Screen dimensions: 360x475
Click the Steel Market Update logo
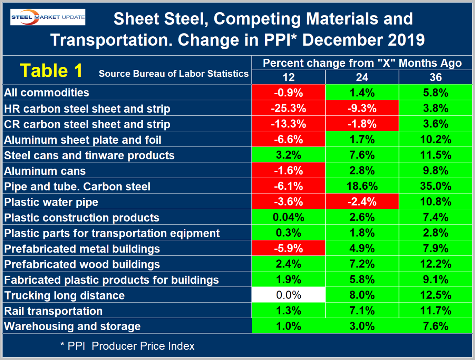pos(48,17)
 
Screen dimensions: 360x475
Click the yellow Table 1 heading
pos(51,70)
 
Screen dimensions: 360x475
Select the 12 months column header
pos(289,77)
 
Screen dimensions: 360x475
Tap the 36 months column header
pos(436,77)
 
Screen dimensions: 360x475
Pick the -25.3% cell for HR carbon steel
pos(289,108)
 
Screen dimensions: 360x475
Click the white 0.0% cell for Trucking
pos(289,295)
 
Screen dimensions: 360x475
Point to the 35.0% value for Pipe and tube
pos(436,186)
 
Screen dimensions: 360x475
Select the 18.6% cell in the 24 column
pos(362,186)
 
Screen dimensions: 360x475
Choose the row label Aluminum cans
pos(45,171)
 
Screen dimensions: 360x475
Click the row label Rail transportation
pos(53,311)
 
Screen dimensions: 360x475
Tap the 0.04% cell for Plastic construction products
pos(289,217)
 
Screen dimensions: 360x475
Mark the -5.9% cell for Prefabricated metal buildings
pos(289,248)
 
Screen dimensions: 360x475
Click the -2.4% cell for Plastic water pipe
pos(362,202)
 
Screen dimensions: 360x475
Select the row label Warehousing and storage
pos(72,326)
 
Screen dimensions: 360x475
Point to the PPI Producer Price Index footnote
pos(128,346)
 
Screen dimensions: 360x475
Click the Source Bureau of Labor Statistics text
pos(174,74)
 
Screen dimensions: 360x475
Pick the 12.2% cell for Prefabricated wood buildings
pos(436,264)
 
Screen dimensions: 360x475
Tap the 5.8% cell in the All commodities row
pos(436,93)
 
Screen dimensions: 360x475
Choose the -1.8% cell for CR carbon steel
pos(362,124)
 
